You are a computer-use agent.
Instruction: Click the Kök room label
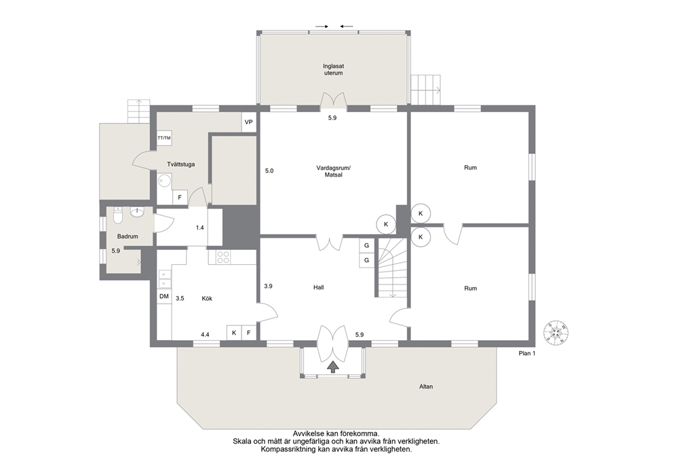pos(207,299)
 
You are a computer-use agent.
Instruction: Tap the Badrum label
pos(128,236)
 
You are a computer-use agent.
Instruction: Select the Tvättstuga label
pos(181,164)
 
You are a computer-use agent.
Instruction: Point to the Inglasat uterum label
pos(334,69)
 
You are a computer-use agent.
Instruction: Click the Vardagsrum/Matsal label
pos(334,171)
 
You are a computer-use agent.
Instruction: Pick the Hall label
pos(318,287)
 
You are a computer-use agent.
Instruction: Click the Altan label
pos(426,386)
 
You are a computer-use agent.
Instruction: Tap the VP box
pos(248,122)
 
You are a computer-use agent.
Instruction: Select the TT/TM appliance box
pos(164,138)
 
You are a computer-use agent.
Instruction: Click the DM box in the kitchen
pos(164,297)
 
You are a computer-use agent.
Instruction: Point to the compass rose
pos(556,331)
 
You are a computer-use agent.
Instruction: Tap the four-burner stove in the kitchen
pos(223,257)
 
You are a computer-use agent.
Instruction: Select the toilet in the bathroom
pos(118,216)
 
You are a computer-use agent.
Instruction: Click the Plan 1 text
pos(527,354)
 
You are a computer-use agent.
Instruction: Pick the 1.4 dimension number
pos(200,227)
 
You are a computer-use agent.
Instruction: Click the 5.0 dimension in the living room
pos(269,170)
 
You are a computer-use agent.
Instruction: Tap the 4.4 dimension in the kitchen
pos(205,334)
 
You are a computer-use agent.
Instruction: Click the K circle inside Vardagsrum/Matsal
pos(386,224)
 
